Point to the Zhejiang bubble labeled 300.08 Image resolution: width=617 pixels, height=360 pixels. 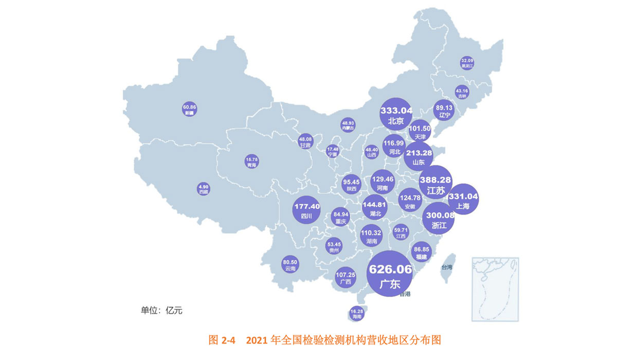[x=439, y=219]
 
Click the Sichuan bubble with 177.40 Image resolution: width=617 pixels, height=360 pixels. [x=307, y=210]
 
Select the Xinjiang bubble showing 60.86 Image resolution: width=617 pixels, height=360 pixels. [x=190, y=110]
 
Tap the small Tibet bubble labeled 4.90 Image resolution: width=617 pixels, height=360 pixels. [x=204, y=189]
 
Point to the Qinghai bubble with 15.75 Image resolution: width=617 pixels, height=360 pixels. [x=251, y=161]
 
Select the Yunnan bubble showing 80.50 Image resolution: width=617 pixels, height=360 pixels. [x=290, y=265]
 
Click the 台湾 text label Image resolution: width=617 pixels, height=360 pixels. [x=446, y=267]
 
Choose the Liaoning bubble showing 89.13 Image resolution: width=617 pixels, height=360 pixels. [x=444, y=111]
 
